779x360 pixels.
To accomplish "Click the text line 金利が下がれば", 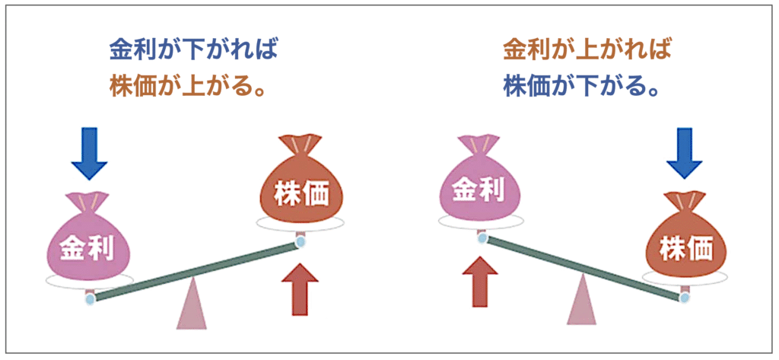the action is pos(192,51).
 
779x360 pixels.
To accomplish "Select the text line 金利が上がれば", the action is pos(587,51).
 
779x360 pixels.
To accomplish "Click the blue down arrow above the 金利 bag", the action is pos(90,154).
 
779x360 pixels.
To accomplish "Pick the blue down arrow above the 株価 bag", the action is pos(684,154).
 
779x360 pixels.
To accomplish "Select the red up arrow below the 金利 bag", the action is pos(479,281).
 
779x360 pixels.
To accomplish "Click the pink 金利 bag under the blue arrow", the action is pos(90,239).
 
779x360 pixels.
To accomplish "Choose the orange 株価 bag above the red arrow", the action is pos(300,184).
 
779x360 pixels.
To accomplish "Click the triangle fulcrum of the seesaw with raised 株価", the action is pos(191,304).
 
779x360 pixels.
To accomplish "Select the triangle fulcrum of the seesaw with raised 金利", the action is pos(581,300).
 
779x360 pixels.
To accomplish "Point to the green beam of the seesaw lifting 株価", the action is pos(195,271).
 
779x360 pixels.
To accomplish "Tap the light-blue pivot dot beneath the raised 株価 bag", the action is pos(300,243).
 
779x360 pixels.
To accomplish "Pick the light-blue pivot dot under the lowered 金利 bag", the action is pos(90,299).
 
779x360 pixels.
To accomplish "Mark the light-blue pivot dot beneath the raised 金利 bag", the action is pos(481,238).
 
